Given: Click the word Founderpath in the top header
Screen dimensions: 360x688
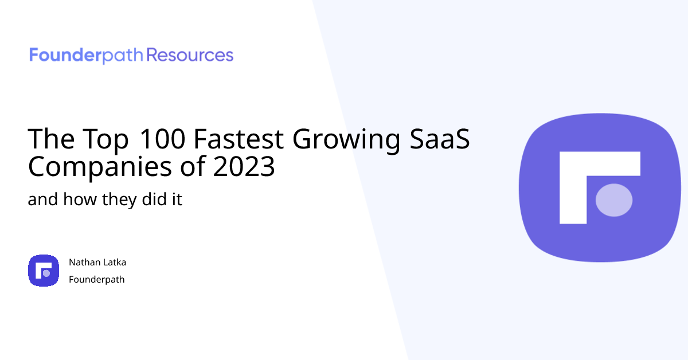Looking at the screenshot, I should pos(86,55).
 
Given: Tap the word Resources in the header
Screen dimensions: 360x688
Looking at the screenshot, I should pos(190,55).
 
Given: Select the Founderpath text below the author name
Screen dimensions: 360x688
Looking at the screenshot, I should pos(96,280).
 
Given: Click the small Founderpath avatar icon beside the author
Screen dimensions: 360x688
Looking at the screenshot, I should pos(44,271).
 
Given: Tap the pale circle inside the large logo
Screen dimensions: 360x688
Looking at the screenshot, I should pos(614,200).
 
